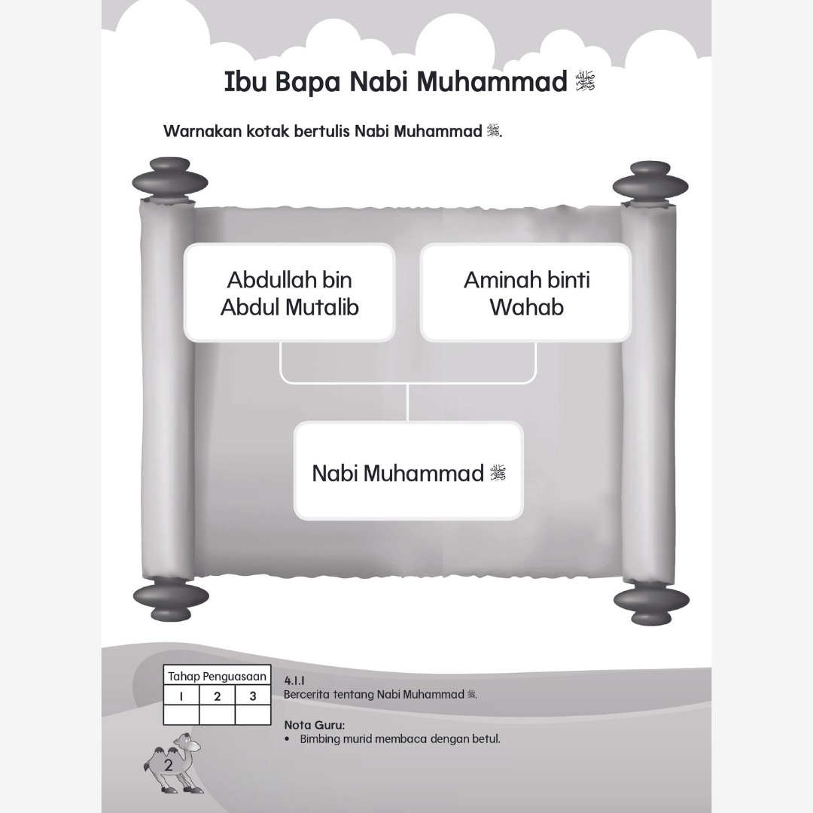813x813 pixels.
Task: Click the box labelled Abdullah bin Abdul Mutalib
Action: (289, 293)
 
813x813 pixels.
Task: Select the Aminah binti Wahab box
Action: (525, 293)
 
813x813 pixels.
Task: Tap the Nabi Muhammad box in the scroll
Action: (408, 471)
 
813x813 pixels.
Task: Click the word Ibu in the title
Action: (245, 82)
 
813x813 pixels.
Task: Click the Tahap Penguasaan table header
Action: (217, 676)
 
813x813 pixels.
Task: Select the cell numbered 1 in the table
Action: (181, 696)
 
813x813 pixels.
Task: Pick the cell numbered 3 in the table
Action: (252, 696)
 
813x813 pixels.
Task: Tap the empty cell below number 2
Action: (217, 714)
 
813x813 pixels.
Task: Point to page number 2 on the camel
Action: (169, 765)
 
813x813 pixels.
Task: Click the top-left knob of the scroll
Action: (169, 178)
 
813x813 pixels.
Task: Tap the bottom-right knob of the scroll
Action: (650, 602)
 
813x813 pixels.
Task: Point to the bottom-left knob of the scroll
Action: (171, 599)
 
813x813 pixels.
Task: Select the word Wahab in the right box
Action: (526, 307)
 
